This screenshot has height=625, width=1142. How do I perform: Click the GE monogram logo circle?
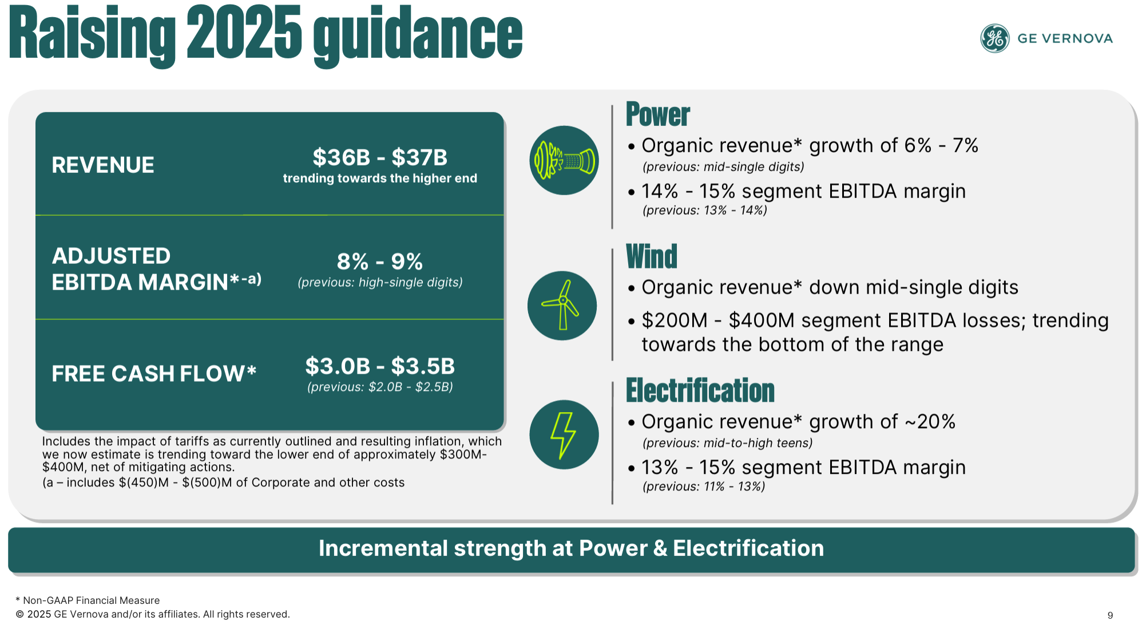(995, 38)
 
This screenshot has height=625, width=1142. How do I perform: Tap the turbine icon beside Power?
(564, 160)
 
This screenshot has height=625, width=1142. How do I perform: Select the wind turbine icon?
(562, 306)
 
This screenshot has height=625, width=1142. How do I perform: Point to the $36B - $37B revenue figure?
(380, 157)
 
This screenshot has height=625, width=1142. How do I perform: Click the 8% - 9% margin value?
(380, 262)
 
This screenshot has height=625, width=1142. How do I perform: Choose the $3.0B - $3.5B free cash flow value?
(380, 366)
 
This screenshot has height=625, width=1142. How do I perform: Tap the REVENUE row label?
(103, 165)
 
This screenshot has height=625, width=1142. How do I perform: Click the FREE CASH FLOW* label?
(154, 373)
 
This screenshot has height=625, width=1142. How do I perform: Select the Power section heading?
(658, 114)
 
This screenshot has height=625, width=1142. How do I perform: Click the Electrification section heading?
(700, 390)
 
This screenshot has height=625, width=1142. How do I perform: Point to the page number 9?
(1110, 615)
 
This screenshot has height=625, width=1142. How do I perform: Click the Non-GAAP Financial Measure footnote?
(88, 600)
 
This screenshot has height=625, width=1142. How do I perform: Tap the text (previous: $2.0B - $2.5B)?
(380, 387)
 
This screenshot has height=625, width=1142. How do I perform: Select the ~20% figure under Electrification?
(930, 422)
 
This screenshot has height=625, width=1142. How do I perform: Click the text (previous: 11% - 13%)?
(704, 486)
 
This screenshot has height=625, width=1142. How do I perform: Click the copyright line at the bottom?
(153, 614)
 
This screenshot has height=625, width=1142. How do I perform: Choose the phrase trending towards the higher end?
(380, 179)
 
